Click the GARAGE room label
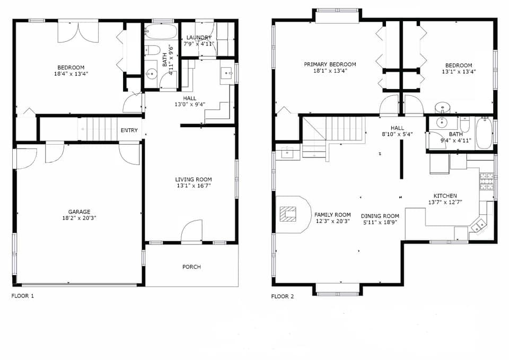[78, 212]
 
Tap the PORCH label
[191, 267]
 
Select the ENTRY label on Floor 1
[129, 130]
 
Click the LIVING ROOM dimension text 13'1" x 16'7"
[194, 187]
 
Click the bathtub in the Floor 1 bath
[161, 31]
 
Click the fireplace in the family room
[288, 214]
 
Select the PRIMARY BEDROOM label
[330, 64]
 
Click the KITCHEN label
[445, 196]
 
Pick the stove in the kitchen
[486, 182]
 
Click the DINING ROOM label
[380, 216]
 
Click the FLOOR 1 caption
[23, 296]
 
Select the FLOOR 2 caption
[282, 296]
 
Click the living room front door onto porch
[191, 232]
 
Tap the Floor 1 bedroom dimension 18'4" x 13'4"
[71, 74]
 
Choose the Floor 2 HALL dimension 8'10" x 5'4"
[397, 135]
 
